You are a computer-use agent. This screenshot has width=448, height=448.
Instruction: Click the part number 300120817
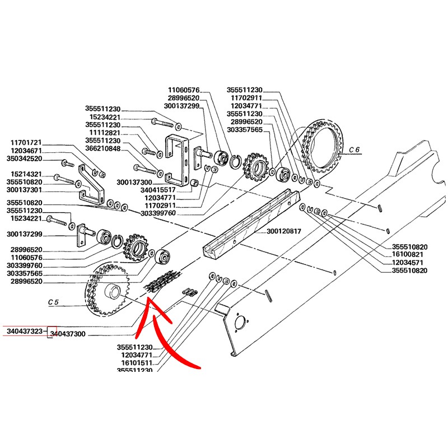[x=284, y=231]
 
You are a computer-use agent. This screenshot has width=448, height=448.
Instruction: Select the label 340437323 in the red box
[x=24, y=332]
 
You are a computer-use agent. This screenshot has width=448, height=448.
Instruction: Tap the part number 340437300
[x=68, y=334]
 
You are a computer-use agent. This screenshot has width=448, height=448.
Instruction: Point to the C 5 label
[x=53, y=302]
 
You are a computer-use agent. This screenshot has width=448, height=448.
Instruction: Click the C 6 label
[x=353, y=150]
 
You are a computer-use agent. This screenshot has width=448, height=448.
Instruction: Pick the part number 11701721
[x=26, y=143]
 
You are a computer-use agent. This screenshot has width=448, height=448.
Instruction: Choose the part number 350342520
[x=26, y=160]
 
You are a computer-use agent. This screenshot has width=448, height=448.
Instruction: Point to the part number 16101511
[x=137, y=363]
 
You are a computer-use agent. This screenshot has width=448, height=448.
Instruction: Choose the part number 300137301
[x=26, y=189]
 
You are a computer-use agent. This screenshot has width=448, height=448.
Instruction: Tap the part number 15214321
[x=26, y=174]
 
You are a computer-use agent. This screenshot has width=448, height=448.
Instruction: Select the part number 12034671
[x=26, y=151]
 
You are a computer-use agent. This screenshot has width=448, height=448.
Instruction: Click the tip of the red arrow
[x=149, y=301]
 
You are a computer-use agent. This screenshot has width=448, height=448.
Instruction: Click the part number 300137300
[x=134, y=183]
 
